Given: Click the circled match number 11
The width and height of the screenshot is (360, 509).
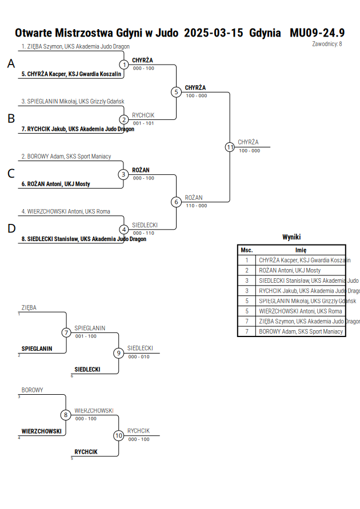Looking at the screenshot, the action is click(230, 147).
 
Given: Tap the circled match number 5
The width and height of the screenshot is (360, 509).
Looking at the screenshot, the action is click(176, 92).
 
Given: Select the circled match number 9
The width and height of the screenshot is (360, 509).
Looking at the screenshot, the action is click(118, 353).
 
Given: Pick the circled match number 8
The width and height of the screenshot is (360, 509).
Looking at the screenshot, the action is click(66, 415).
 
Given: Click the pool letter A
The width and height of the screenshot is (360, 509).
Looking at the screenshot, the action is click(11, 63).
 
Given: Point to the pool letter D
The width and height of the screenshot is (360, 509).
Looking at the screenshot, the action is click(11, 229).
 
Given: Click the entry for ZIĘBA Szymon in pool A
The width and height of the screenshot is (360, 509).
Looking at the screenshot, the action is click(75, 46).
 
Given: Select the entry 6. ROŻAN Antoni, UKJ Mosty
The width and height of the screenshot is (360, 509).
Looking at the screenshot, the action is click(56, 184).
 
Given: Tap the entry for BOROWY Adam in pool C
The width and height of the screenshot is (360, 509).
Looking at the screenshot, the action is click(66, 157).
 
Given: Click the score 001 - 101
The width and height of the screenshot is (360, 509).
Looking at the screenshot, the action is click(143, 123).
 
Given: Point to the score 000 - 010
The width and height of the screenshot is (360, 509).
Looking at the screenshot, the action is click(139, 356).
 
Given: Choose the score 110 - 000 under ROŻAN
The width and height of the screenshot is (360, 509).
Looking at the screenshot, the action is click(197, 206).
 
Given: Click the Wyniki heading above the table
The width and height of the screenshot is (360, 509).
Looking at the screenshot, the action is click(291, 237).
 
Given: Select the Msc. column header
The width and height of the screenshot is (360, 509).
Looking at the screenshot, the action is click(247, 250).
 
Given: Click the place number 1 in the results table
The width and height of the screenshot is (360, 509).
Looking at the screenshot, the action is click(247, 260).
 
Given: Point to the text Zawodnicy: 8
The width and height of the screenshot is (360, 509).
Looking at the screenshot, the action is click(327, 44).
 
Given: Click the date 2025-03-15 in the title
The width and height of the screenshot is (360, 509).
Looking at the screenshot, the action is click(214, 33).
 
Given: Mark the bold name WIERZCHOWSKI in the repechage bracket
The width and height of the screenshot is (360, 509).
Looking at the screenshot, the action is click(42, 431).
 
